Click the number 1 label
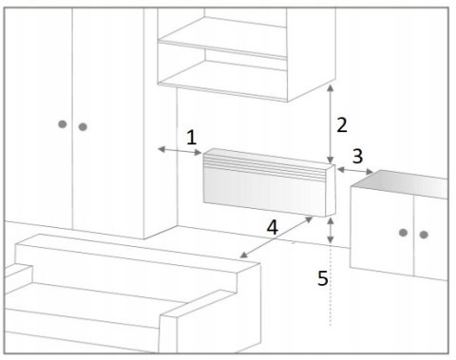192,138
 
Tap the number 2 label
342,124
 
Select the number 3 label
357,156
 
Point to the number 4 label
273,227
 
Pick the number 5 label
323,278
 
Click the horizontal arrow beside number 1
180,151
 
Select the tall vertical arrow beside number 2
331,124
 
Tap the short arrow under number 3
355,171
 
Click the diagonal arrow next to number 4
276,237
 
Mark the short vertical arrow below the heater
331,231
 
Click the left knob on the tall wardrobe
63,124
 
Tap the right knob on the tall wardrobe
83,127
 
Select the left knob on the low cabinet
403,233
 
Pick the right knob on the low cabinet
424,235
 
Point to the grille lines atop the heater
265,168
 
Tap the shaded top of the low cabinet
401,183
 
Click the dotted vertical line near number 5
331,286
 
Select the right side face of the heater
331,190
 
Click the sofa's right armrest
209,320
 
